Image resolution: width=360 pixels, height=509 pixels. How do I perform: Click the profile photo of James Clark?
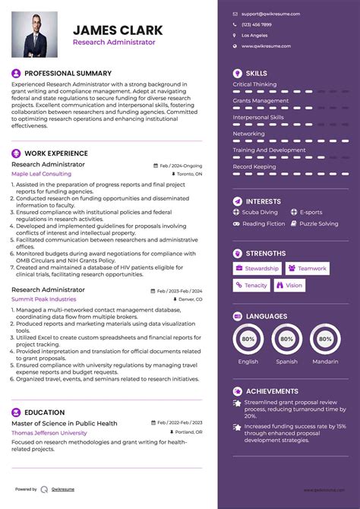(35, 34)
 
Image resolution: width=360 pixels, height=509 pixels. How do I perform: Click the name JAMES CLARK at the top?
(118, 30)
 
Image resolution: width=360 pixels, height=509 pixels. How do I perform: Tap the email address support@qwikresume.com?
(270, 14)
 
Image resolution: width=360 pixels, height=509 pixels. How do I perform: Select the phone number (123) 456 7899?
(257, 24)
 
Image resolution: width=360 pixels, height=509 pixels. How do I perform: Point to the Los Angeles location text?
(254, 35)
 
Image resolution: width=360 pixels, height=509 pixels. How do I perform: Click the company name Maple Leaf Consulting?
(41, 174)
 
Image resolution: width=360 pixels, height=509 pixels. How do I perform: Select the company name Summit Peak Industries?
(44, 299)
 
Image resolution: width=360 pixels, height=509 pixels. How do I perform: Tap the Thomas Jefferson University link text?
(49, 432)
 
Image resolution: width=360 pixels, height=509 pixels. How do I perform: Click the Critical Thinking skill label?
(254, 84)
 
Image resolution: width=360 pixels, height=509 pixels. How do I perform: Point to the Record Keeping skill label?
(254, 166)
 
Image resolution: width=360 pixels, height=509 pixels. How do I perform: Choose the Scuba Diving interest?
(260, 212)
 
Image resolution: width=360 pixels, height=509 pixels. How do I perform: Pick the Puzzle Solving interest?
(319, 223)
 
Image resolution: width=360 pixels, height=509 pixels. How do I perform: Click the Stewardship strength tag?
(257, 268)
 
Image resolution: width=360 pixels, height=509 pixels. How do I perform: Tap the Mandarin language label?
(325, 362)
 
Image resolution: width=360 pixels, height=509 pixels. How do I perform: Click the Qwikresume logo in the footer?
(46, 489)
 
